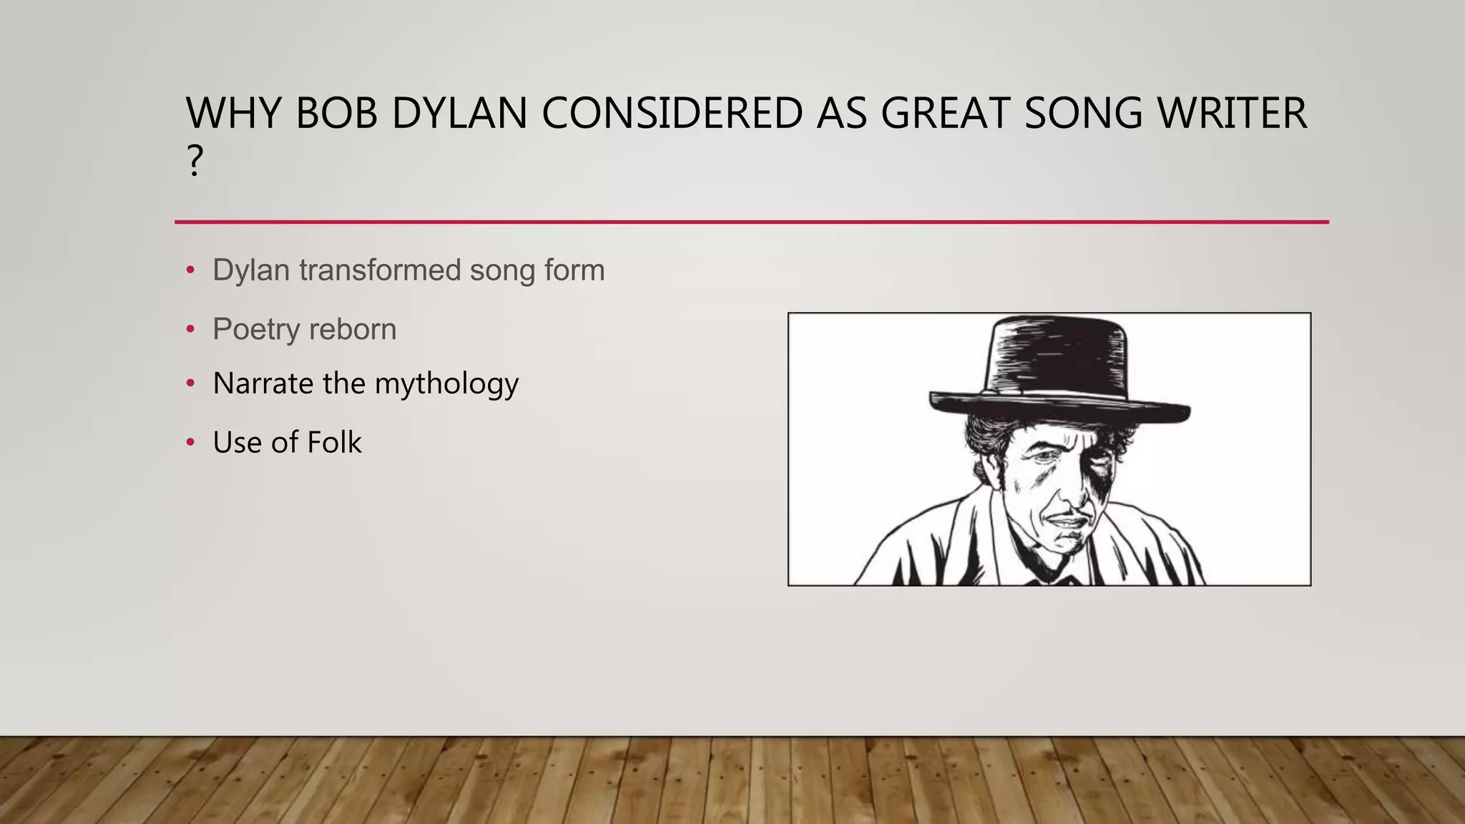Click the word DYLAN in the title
click(459, 113)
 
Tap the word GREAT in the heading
click(946, 113)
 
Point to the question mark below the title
click(195, 161)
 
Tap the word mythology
click(446, 384)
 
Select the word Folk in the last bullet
click(334, 443)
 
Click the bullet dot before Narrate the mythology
click(190, 383)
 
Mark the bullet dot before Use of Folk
click(190, 443)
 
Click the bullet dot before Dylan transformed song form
click(190, 270)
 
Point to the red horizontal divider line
click(751, 222)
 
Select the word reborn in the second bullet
click(353, 330)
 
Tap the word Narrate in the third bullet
click(263, 383)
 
